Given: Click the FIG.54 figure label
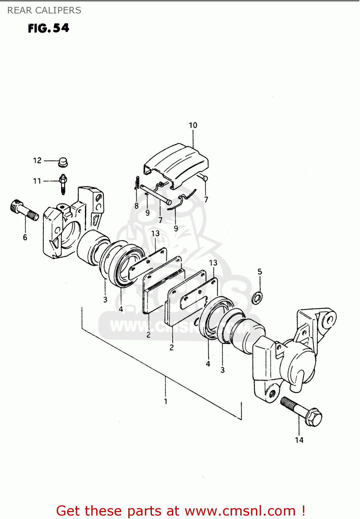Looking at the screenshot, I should click(x=48, y=28).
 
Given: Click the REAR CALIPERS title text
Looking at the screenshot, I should click(x=44, y=10).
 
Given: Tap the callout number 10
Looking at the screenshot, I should click(x=193, y=125).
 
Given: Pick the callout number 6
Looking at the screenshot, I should click(x=25, y=237).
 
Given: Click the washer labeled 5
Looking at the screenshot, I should click(x=257, y=297).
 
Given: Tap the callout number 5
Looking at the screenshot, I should click(x=260, y=272).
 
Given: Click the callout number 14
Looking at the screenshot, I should click(x=299, y=440).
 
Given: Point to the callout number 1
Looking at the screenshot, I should click(x=166, y=401).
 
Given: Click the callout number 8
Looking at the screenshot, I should click(x=137, y=206).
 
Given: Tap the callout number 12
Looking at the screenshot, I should click(x=37, y=161).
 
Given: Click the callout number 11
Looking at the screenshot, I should click(x=37, y=181).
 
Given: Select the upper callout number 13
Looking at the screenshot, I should click(x=155, y=234).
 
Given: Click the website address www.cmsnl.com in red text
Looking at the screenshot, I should click(x=240, y=511).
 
